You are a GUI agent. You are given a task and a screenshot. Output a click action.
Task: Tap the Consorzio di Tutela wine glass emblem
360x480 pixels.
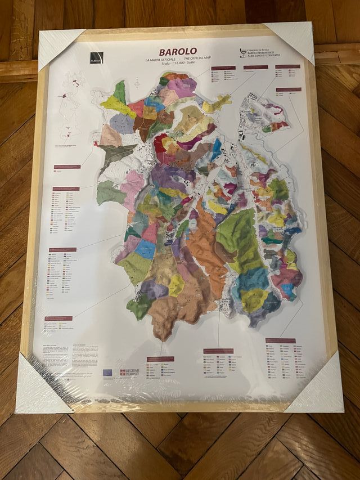[242, 53]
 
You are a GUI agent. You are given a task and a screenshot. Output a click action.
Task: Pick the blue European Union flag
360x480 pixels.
[108, 373]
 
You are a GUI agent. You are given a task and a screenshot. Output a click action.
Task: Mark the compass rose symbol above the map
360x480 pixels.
[136, 83]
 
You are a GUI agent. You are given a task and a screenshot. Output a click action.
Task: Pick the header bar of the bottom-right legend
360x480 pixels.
[280, 341]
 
